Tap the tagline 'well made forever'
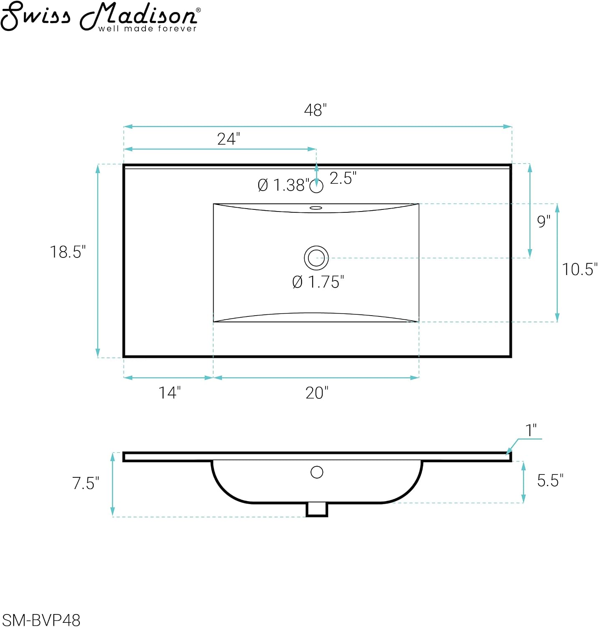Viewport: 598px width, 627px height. (148, 28)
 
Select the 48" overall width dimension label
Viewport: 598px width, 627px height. (315, 110)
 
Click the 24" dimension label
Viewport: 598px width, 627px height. (228, 139)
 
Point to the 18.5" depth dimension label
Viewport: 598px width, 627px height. (68, 252)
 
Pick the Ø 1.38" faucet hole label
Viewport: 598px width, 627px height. (283, 185)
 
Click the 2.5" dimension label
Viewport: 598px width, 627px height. (343, 178)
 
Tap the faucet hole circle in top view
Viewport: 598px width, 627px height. (316, 186)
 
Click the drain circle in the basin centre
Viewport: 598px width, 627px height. (316, 257)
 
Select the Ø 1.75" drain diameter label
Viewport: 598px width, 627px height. (318, 282)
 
